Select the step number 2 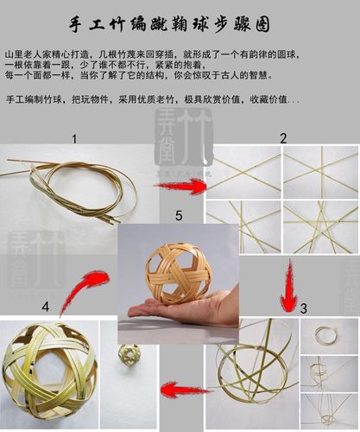282,138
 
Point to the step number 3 303,308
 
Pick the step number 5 179,213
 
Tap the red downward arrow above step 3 288,285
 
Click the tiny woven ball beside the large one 129,354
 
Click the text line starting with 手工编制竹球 153,100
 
